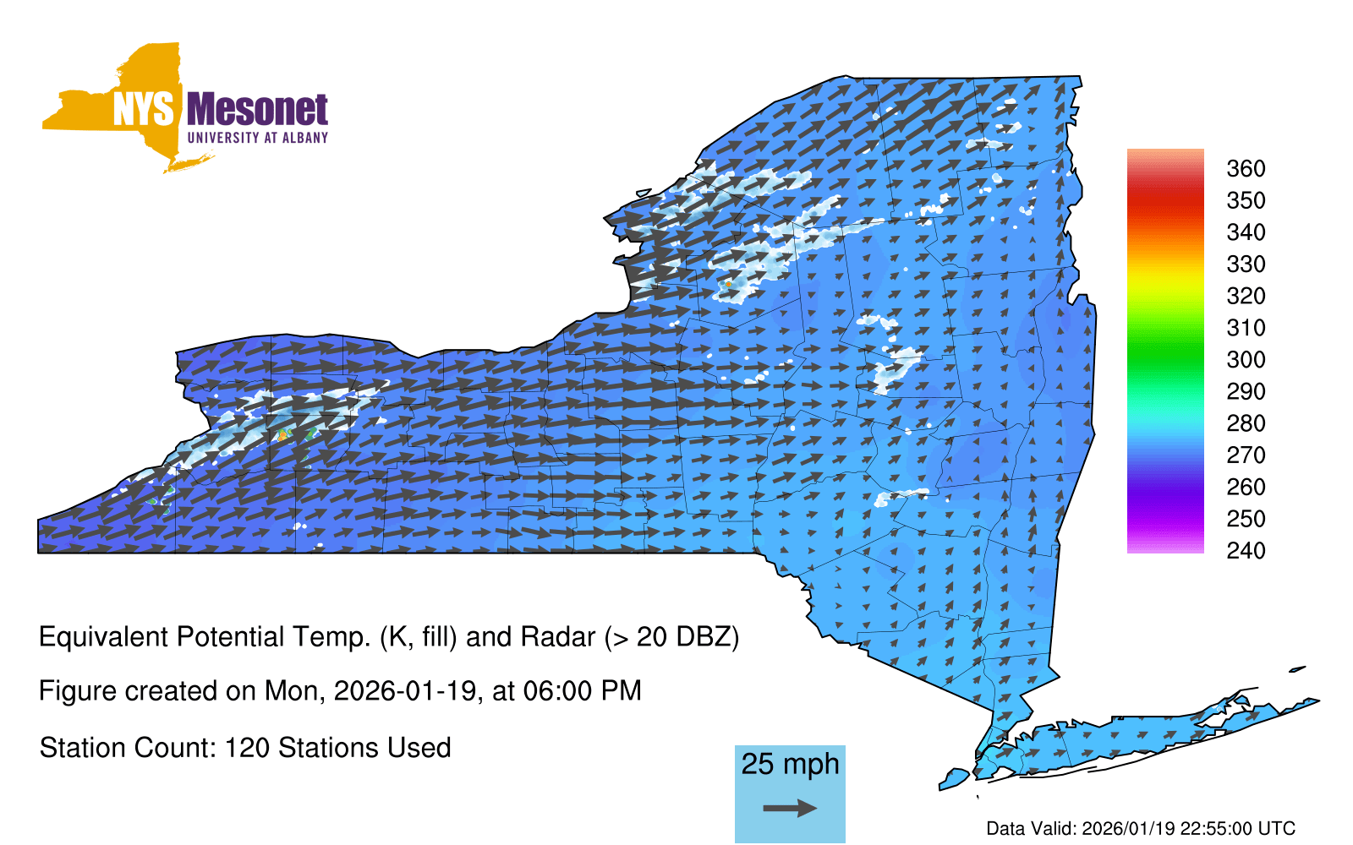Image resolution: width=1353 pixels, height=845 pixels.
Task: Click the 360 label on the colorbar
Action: pos(1246,168)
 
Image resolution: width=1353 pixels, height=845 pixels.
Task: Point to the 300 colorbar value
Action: pos(1246,360)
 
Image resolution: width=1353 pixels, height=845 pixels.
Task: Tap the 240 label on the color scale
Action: pos(1246,550)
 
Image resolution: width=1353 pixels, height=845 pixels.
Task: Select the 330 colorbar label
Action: pos(1246,264)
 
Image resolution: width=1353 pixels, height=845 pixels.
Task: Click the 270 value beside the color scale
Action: pos(1246,455)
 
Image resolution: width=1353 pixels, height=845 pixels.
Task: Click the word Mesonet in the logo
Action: pos(257,110)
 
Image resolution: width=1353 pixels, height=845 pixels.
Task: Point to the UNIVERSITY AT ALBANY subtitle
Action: pos(258,138)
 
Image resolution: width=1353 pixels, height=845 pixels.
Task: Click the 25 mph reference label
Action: pos(790,764)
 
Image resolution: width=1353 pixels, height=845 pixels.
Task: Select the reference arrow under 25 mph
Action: pos(790,808)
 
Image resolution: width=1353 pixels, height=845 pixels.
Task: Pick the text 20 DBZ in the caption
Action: pos(683,637)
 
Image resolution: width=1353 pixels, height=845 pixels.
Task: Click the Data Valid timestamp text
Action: pos(1141,828)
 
